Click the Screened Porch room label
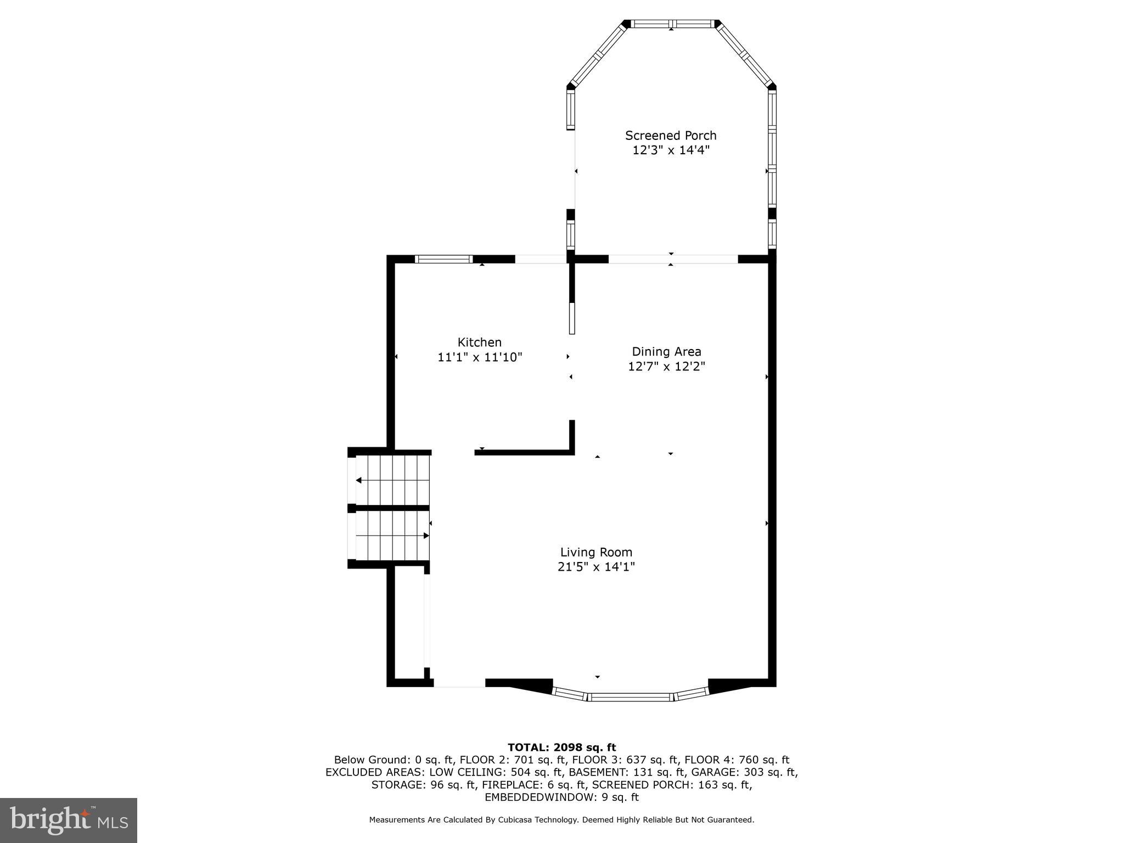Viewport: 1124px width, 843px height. point(671,135)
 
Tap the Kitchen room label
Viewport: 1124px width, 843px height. point(480,342)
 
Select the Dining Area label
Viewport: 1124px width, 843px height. point(666,351)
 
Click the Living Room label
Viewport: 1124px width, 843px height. point(596,552)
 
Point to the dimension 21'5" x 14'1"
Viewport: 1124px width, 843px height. point(596,566)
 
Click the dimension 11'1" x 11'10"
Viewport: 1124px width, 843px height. point(480,357)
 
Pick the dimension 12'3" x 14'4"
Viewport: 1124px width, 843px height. point(671,150)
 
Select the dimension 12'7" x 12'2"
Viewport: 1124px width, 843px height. point(666,366)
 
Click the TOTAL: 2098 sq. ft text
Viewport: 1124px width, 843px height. point(561,747)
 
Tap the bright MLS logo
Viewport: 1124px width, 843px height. point(69,820)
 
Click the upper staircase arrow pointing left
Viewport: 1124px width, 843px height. point(359,480)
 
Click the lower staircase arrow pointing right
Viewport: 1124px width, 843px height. point(425,535)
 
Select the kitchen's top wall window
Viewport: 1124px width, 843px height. point(443,259)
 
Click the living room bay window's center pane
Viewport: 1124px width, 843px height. point(631,697)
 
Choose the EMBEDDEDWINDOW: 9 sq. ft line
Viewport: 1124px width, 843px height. point(561,797)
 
